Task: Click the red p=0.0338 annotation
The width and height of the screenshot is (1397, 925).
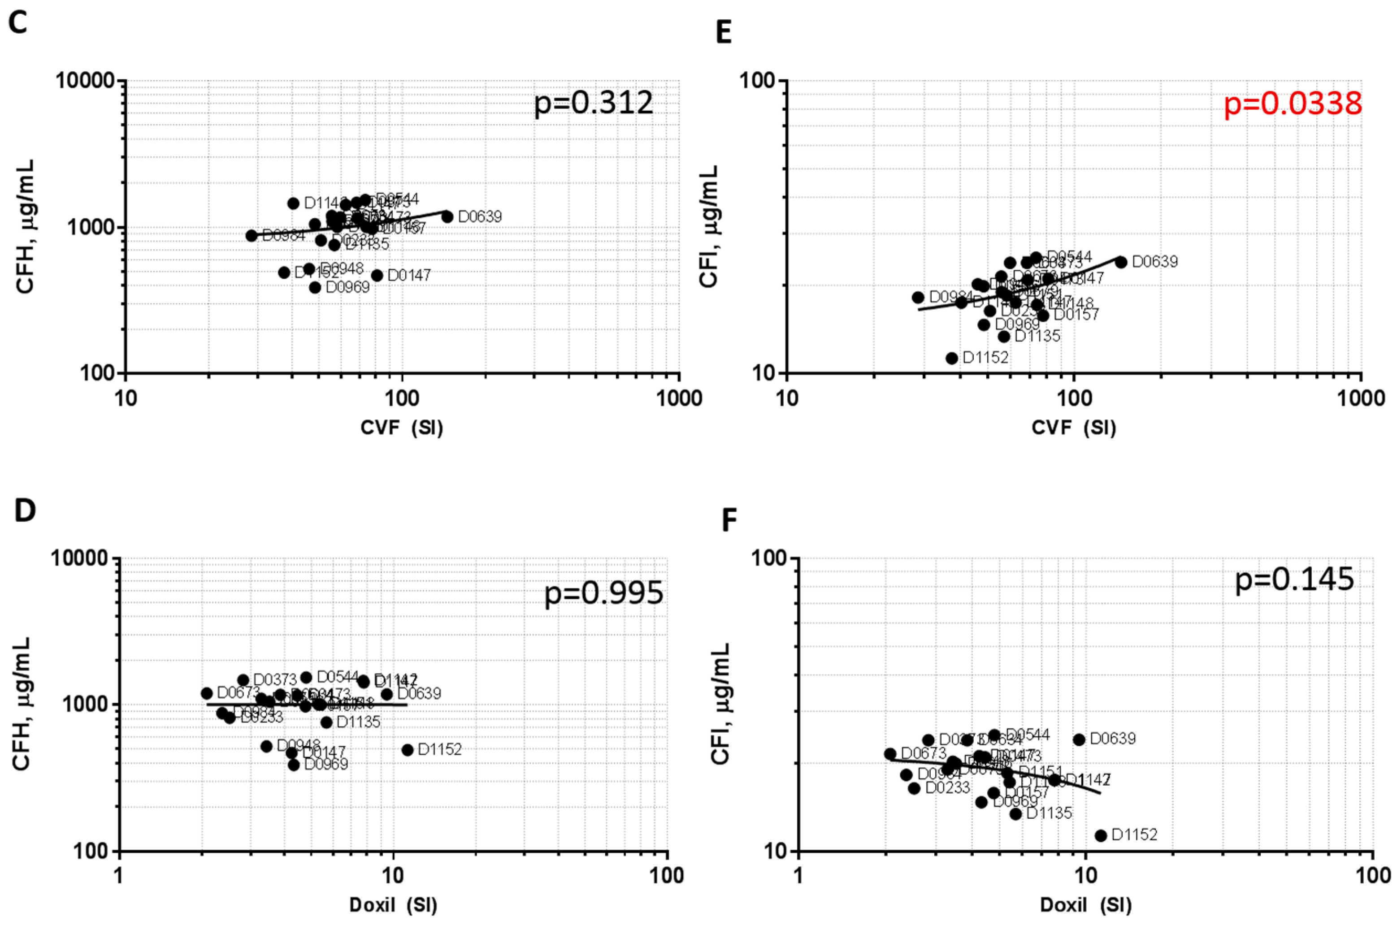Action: coord(1293,104)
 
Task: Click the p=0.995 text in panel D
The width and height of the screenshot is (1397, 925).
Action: coord(603,593)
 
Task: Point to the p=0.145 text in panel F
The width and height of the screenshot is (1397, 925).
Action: coord(1294,579)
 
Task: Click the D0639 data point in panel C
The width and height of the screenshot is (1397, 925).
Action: coord(447,216)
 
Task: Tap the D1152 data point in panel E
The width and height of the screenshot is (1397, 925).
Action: coord(951,358)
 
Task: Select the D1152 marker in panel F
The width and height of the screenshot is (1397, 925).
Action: coord(1100,835)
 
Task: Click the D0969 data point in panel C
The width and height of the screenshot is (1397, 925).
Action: coord(315,287)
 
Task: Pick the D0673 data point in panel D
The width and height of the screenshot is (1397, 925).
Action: coord(207,693)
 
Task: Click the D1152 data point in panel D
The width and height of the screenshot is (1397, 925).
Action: coord(407,750)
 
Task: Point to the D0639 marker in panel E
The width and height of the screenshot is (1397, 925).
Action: coord(1121,262)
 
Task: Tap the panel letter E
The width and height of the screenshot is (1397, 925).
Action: coord(723,32)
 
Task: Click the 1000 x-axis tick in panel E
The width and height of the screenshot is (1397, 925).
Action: coord(1360,398)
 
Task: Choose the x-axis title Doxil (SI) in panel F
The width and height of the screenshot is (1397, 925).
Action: coord(1085,905)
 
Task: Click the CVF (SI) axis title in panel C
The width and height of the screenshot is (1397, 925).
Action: coord(401,428)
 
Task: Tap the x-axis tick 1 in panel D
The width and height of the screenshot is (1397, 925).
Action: coord(119,875)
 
